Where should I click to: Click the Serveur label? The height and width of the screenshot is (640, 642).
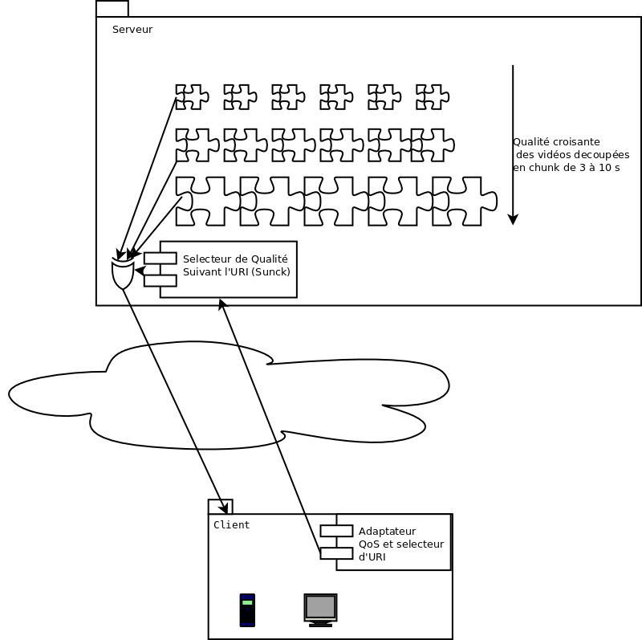pyautogui.click(x=132, y=30)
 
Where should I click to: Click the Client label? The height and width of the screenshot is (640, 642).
pyautogui.click(x=231, y=525)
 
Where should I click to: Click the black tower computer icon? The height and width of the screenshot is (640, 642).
pyautogui.click(x=247, y=609)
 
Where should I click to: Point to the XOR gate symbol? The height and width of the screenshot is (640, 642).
pyautogui.click(x=122, y=273)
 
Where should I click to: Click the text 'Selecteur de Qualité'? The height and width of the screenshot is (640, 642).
pyautogui.click(x=235, y=259)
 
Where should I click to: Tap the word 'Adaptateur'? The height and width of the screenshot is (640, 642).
pyautogui.click(x=387, y=532)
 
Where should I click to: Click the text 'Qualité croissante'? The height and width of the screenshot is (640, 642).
pyautogui.click(x=556, y=141)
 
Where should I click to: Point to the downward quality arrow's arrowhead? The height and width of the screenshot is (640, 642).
pyautogui.click(x=514, y=218)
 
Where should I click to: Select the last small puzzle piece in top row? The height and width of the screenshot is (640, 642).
pyautogui.click(x=432, y=97)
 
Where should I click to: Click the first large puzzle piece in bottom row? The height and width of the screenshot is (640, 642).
pyautogui.click(x=207, y=201)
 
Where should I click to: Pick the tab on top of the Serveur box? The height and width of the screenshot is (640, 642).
pyautogui.click(x=112, y=9)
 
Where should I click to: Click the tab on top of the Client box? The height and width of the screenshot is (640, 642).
pyautogui.click(x=220, y=507)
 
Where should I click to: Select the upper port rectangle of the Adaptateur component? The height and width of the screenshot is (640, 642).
pyautogui.click(x=336, y=531)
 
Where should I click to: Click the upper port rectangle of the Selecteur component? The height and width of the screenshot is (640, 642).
pyautogui.click(x=160, y=258)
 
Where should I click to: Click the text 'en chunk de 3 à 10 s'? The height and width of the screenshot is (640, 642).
pyautogui.click(x=567, y=168)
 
